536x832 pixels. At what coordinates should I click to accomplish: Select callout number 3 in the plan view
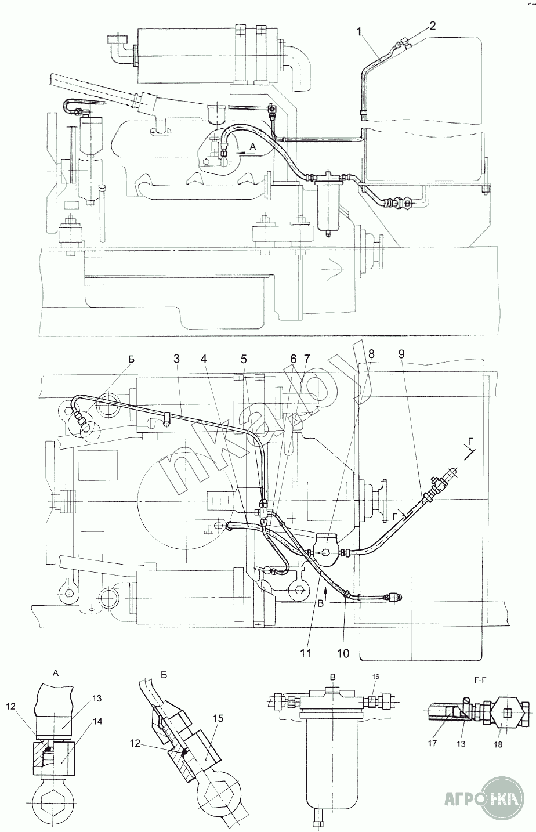[176, 360]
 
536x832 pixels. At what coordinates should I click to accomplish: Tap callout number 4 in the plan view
[204, 360]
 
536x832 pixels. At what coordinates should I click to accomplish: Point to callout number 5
[244, 360]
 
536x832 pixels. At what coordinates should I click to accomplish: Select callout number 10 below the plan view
[343, 653]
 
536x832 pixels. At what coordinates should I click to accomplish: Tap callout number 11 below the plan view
[306, 653]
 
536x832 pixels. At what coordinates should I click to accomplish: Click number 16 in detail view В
[375, 677]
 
